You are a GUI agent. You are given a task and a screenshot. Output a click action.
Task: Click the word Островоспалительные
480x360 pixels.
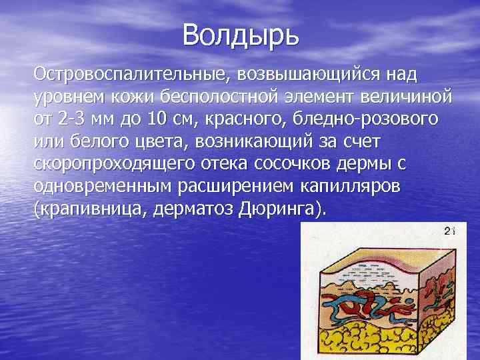click(x=124, y=71)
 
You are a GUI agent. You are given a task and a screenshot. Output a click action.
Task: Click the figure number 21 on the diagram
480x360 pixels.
click(x=449, y=231)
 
